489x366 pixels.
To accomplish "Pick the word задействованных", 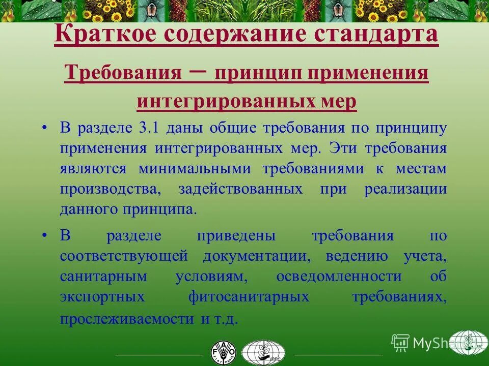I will (240, 189).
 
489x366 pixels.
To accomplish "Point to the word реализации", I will (405, 189).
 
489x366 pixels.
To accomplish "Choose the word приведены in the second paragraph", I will (236, 235).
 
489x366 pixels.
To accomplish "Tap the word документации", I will (256, 256).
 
